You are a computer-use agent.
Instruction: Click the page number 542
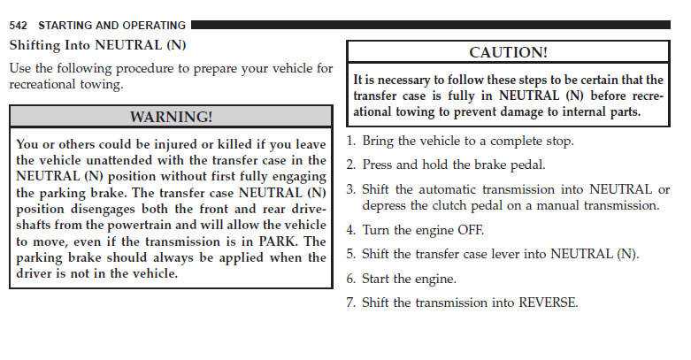point(18,26)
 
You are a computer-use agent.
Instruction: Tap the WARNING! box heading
point(171,117)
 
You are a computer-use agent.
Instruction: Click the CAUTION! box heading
point(508,52)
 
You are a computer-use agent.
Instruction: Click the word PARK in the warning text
point(277,241)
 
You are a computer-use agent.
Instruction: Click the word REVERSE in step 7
point(549,303)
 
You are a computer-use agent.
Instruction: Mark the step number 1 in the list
point(350,141)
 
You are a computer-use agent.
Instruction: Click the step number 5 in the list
point(350,254)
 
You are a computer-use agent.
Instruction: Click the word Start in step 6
point(375,279)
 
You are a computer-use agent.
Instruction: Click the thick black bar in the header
point(431,25)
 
